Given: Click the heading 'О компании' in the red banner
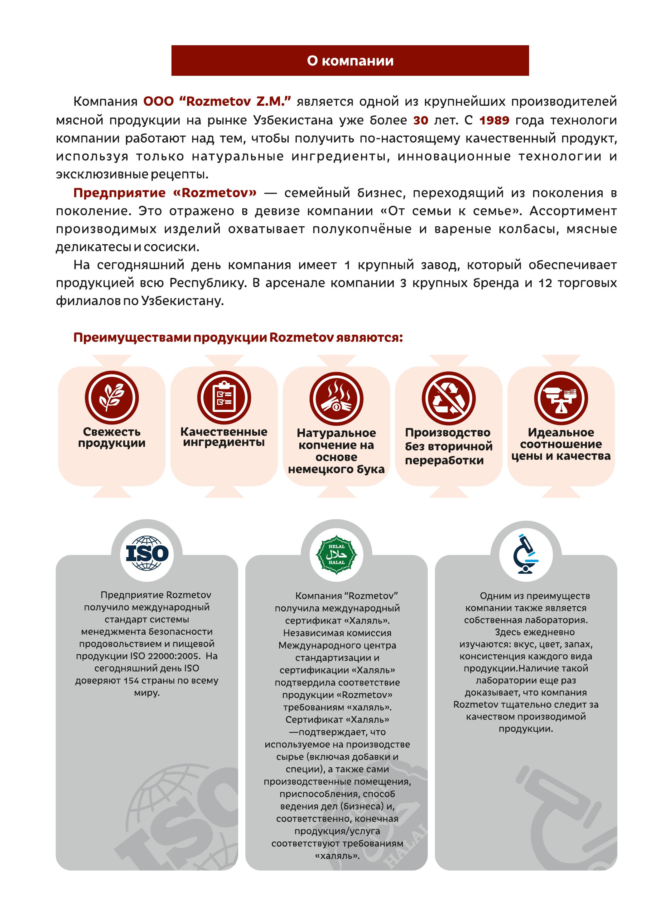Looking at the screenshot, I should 350,61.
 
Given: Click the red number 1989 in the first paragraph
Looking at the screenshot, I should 494,120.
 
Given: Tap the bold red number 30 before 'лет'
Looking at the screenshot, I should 421,120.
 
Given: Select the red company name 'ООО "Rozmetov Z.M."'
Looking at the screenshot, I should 217,101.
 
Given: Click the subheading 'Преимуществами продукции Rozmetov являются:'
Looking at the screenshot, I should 238,337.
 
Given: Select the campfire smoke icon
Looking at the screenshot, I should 336,398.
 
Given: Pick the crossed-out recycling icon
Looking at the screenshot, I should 448,398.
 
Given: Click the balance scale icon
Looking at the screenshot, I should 561,398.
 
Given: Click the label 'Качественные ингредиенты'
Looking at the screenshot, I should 224,437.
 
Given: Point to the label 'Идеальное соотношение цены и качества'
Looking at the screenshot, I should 561,444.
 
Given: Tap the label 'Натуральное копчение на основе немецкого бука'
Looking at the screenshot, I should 336,451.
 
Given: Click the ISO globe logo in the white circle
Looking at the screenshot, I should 147,554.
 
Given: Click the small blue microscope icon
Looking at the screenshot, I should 525,554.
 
